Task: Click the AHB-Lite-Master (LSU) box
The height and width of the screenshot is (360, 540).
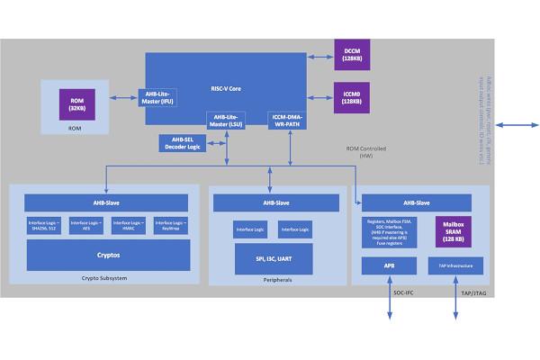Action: click(227, 121)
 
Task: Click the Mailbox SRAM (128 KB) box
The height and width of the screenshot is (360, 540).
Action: click(454, 228)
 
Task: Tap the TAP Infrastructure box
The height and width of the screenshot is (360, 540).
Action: click(454, 266)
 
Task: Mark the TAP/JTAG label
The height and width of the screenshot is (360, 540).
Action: click(472, 294)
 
